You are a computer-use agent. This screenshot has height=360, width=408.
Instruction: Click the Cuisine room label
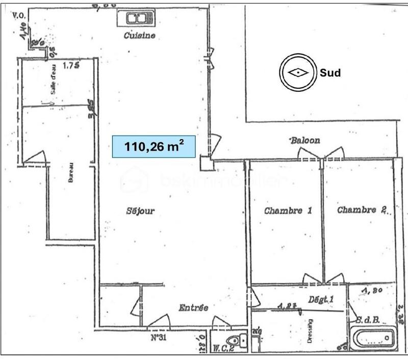(139, 35)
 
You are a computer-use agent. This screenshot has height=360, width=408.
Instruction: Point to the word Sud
(329, 72)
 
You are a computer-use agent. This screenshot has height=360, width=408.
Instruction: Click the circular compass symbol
(296, 72)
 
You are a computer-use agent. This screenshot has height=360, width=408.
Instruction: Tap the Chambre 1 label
(288, 210)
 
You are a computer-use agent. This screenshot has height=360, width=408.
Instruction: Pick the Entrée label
(193, 307)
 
